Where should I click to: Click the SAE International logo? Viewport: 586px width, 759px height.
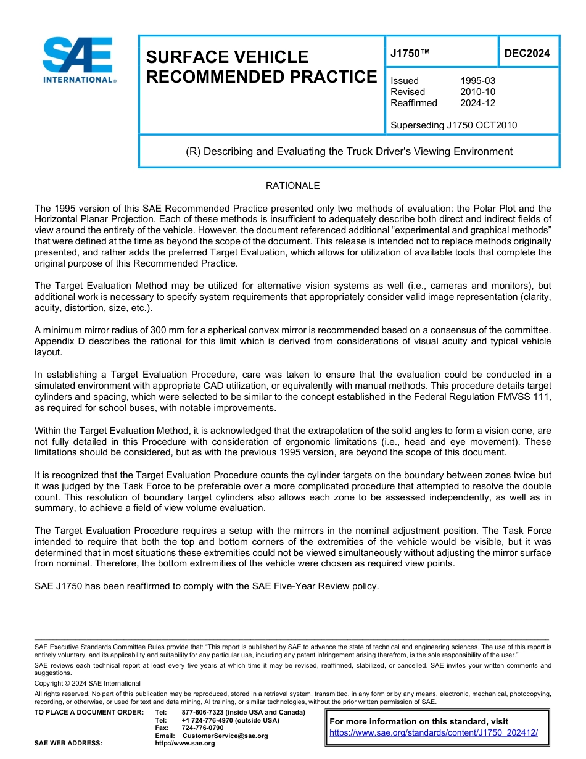pyautogui.click(x=78, y=60)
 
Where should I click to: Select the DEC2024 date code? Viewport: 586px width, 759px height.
pyautogui.click(x=527, y=53)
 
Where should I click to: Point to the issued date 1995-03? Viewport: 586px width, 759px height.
pyautogui.click(x=477, y=81)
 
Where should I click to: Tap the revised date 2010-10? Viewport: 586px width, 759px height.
pyautogui.click(x=477, y=92)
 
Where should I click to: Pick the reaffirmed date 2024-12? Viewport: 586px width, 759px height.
pyautogui.click(x=477, y=103)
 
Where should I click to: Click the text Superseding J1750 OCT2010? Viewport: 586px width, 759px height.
pyautogui.click(x=453, y=125)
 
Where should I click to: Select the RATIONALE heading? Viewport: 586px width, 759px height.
pyautogui.click(x=292, y=186)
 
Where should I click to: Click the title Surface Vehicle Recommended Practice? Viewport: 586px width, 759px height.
pyautogui.click(x=261, y=67)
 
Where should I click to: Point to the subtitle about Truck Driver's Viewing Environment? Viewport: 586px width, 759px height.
pyautogui.click(x=349, y=151)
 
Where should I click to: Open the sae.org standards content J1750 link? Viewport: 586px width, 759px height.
pyautogui.click(x=434, y=732)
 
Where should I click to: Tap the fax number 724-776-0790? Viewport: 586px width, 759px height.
pyautogui.click(x=202, y=728)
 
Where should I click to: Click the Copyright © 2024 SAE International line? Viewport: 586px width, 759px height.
pyautogui.click(x=88, y=683)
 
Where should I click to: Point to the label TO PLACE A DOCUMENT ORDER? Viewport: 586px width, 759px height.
pyautogui.click(x=89, y=713)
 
